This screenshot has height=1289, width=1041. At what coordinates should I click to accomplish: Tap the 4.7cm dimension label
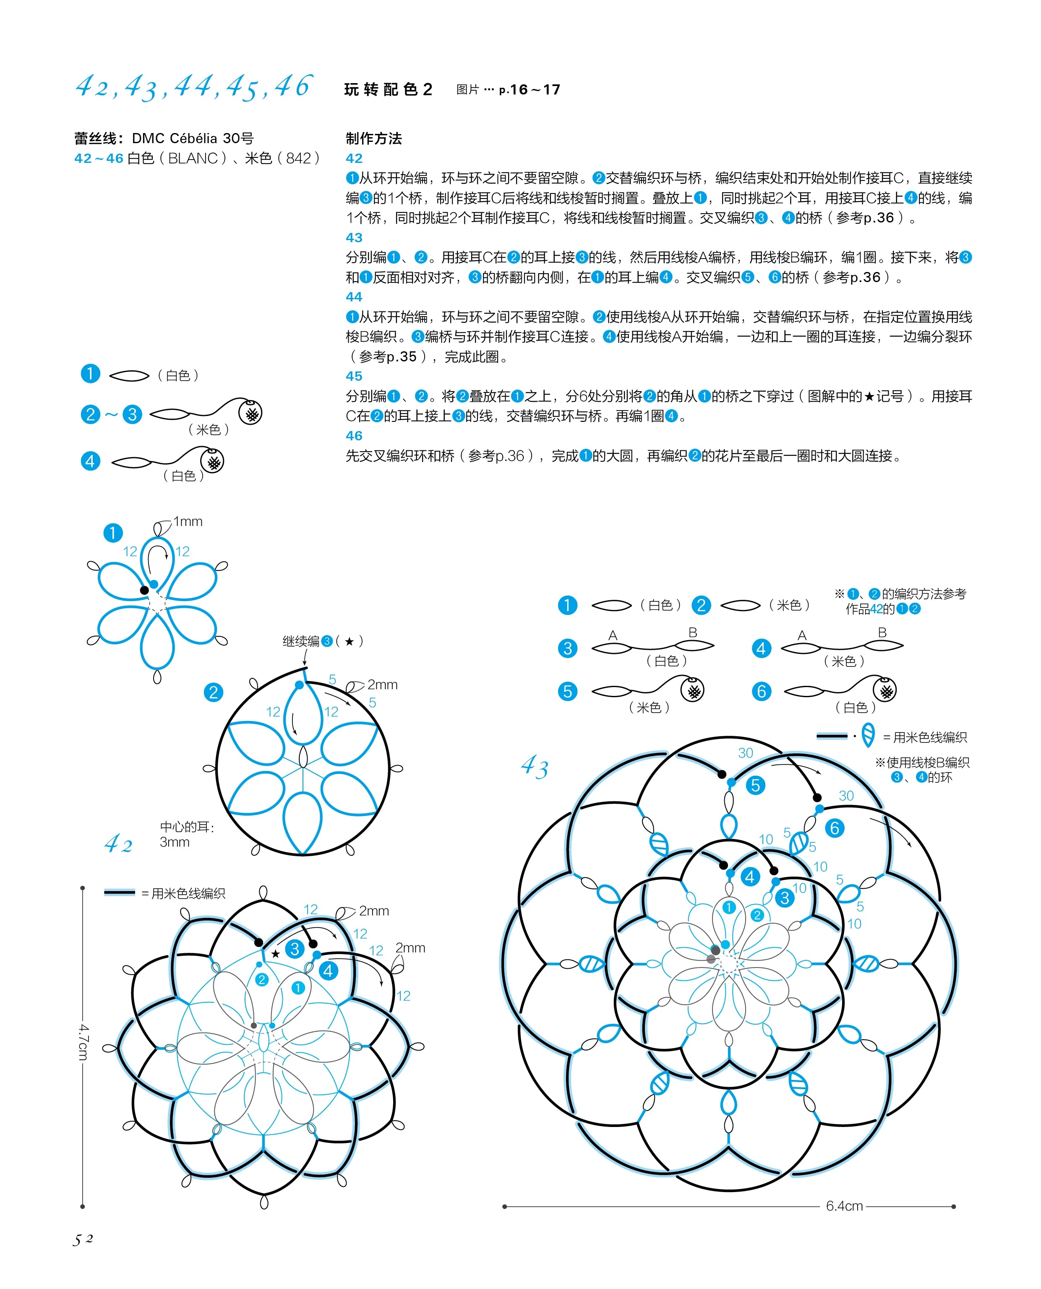pyautogui.click(x=83, y=1042)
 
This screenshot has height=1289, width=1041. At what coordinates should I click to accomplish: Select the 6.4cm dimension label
pyautogui.click(x=844, y=1205)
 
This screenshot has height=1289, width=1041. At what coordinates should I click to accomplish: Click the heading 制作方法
pyautogui.click(x=373, y=139)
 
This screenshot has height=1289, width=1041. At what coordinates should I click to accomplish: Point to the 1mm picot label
pyautogui.click(x=188, y=521)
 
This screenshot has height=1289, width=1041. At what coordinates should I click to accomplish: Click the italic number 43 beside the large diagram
pyautogui.click(x=534, y=767)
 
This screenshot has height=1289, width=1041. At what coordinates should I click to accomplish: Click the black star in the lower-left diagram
pyautogui.click(x=275, y=954)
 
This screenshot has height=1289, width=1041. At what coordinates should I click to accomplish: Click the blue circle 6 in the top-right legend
pyautogui.click(x=761, y=692)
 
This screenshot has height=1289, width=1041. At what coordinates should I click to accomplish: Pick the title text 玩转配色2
pyautogui.click(x=388, y=90)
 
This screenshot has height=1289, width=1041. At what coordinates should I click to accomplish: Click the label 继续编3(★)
pyautogui.click(x=323, y=641)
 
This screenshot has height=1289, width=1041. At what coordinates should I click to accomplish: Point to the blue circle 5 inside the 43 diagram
pyautogui.click(x=755, y=785)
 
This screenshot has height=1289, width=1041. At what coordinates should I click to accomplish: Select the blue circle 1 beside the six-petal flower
pyautogui.click(x=113, y=533)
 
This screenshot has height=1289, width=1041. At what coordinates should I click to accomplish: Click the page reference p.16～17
pyautogui.click(x=529, y=90)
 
